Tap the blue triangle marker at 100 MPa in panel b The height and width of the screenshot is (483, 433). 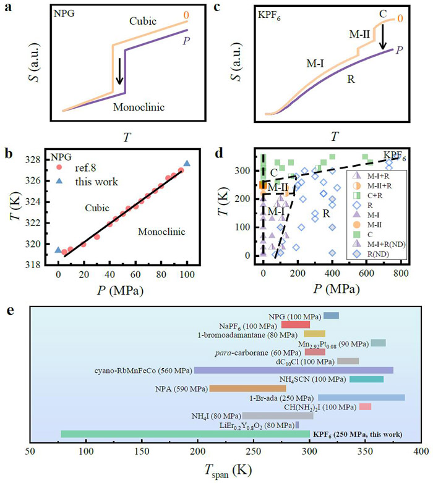click(187, 164)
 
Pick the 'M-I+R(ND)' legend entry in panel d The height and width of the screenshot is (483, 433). click(380, 243)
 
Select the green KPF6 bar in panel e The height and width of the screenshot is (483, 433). click(185, 434)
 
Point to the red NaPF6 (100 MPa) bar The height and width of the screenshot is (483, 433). click(295, 324)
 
